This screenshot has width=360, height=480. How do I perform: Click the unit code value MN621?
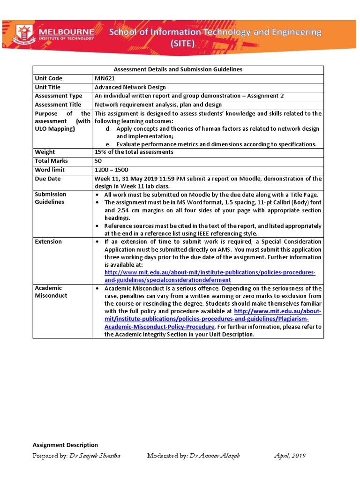coord(105,78)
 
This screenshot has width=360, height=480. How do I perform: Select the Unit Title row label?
coord(48,87)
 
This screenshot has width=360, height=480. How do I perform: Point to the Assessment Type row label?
coord(59,96)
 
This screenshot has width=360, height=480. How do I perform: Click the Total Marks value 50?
coord(98,161)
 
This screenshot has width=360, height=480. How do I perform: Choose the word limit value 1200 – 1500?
coord(112,170)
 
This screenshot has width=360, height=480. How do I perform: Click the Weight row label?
coord(45,152)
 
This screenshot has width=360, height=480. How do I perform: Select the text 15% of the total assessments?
coord(134,152)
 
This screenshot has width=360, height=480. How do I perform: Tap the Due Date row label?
coord(48,179)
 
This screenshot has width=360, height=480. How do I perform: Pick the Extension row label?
coord(48,241)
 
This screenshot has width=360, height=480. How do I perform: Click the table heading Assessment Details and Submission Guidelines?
coord(178,69)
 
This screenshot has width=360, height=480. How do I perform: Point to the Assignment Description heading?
coord(65,445)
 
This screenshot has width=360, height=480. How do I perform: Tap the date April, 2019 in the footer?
coord(290,456)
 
